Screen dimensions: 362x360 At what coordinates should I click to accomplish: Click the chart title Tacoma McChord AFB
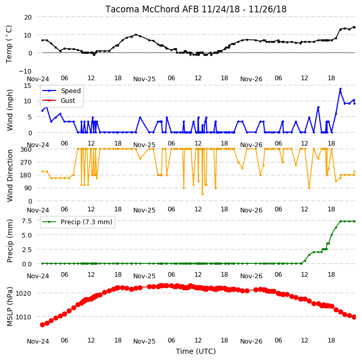[152, 9]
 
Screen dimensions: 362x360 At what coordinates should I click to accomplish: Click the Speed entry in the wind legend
[70, 91]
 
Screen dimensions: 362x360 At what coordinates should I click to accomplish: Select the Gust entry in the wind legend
[68, 101]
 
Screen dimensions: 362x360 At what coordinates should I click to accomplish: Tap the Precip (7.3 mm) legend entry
[86, 222]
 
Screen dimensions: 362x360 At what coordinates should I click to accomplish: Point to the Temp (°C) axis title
[9, 44]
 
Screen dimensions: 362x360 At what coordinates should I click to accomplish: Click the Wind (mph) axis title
[10, 111]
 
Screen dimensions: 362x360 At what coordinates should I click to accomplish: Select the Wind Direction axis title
[10, 175]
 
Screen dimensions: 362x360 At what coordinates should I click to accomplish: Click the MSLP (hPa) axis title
[10, 307]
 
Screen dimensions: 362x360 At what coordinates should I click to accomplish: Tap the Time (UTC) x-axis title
[196, 351]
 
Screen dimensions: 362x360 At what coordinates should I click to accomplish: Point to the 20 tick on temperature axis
[28, 17]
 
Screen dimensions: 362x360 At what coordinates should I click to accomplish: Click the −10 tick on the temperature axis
[25, 71]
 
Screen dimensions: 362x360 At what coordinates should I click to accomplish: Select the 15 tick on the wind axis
[27, 86]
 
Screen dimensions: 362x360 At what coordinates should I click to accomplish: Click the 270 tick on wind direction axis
[26, 163]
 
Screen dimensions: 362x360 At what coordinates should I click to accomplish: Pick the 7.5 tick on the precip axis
[27, 221]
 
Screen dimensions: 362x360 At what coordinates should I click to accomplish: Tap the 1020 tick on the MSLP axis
[23, 294]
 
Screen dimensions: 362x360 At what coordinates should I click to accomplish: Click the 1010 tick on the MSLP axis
[23, 317]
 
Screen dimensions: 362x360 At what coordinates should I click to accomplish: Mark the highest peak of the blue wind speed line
[340, 89]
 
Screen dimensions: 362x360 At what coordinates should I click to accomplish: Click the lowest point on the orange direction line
[203, 194]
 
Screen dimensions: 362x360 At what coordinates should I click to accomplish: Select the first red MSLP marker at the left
[42, 325]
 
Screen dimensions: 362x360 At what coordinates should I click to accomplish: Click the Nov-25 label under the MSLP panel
[144, 341]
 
